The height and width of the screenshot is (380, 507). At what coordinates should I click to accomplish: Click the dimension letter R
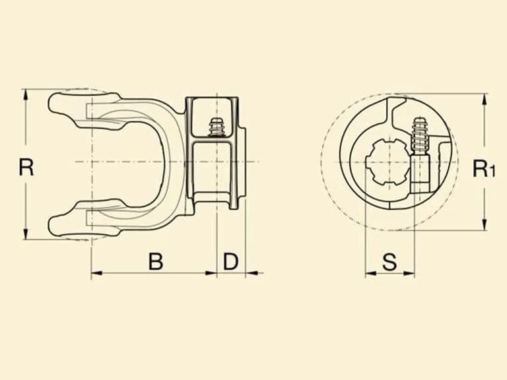click(26, 167)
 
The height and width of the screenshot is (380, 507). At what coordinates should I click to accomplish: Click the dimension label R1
click(484, 168)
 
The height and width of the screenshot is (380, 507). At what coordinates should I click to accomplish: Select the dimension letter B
click(156, 261)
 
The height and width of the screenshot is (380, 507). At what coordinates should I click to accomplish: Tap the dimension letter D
click(230, 261)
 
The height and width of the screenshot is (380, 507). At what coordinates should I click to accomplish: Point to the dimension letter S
click(389, 262)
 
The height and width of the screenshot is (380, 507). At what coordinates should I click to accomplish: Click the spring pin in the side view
click(217, 127)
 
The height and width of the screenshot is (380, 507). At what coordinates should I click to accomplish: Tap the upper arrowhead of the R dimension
click(26, 95)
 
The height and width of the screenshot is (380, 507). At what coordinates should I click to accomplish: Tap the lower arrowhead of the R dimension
click(26, 234)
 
